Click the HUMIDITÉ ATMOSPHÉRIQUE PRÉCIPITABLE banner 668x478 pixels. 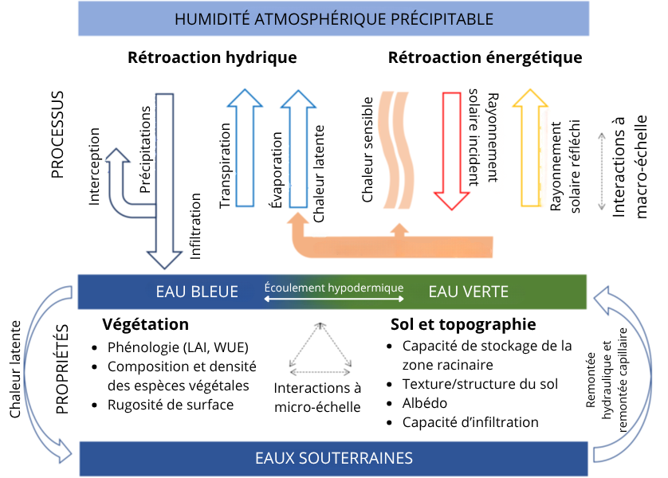[x=333, y=19]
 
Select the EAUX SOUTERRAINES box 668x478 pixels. [x=333, y=458]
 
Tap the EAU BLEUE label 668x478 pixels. [x=197, y=292]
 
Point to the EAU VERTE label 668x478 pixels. [x=468, y=292]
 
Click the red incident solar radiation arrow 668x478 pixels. [x=452, y=151]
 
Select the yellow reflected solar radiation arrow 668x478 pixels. [x=530, y=147]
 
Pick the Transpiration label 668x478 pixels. [x=225, y=166]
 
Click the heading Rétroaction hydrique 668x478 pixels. [x=212, y=57]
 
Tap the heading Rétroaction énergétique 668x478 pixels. [x=485, y=57]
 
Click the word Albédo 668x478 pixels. [x=425, y=403]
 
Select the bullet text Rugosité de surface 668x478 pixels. [x=171, y=405]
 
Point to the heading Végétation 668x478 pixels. [x=145, y=324]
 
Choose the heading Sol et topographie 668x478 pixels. [x=463, y=324]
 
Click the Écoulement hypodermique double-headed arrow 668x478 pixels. [x=333, y=299]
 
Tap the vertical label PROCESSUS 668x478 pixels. [x=57, y=135]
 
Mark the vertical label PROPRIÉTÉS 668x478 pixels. [x=62, y=369]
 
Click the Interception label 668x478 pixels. [x=94, y=167]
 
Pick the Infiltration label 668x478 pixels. [x=195, y=226]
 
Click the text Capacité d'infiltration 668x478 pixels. [x=470, y=422]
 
